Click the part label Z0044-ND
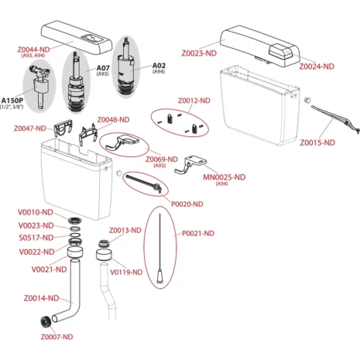click(33, 50)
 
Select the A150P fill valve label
click(12, 101)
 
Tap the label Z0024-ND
click(317, 67)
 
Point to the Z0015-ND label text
click(317, 142)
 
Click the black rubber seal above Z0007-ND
click(46, 321)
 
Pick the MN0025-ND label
click(224, 177)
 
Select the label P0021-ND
click(198, 233)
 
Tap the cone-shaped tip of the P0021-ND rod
click(160, 276)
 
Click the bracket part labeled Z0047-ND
click(63, 128)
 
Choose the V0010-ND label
click(36, 212)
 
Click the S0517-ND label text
click(36, 238)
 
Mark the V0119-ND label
click(126, 273)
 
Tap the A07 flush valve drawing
click(76, 82)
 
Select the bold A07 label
click(103, 68)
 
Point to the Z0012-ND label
click(194, 101)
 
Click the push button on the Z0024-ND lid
click(280, 51)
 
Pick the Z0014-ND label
click(41, 298)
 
